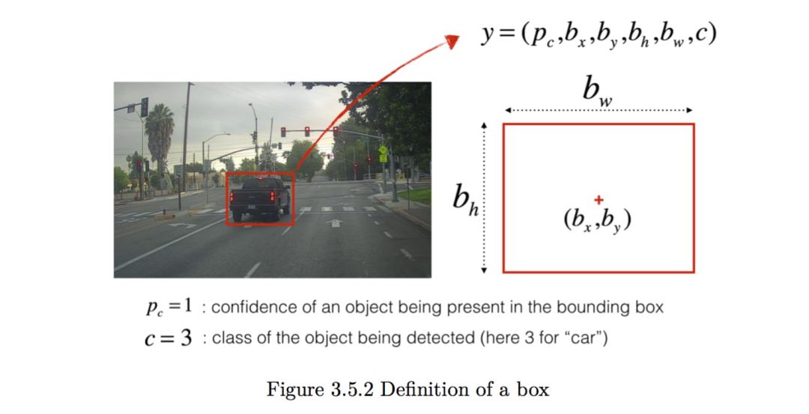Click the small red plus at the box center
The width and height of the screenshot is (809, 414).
pos(598,199)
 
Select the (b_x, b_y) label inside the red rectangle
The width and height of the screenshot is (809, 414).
pos(597,221)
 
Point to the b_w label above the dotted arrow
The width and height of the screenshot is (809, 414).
pos(597,91)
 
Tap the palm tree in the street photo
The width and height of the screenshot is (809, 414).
pos(159,135)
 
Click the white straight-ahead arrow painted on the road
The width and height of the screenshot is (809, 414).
pos(335,222)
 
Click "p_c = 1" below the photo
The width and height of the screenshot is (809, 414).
pos(169,308)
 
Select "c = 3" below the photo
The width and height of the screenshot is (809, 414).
pos(167,338)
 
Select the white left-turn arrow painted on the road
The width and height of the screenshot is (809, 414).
pos(181,224)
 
